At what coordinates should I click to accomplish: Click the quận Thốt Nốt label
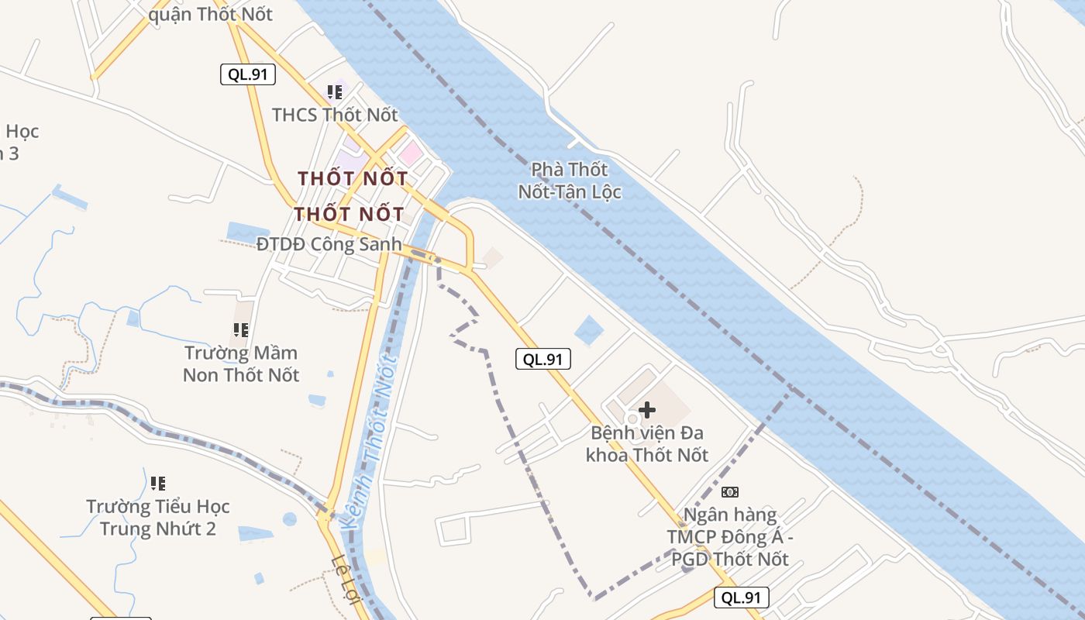210,14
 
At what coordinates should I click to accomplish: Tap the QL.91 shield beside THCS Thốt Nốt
248,74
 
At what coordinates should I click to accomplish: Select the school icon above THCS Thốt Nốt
335,93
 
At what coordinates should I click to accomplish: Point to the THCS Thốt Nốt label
335,115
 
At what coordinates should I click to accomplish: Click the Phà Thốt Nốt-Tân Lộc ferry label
570,180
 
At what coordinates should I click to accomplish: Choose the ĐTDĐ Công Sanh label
329,244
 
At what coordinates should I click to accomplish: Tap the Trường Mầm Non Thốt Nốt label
241,363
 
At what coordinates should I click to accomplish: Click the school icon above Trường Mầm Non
241,330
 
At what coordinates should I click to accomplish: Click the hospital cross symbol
647,409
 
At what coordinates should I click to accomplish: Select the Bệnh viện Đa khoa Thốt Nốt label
647,443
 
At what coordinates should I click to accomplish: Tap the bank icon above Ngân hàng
730,491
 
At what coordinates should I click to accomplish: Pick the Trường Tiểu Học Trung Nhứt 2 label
158,518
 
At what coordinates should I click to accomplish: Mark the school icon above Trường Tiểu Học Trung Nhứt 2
158,484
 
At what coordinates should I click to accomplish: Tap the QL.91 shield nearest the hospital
543,359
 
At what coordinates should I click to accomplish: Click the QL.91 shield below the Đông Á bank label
742,597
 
